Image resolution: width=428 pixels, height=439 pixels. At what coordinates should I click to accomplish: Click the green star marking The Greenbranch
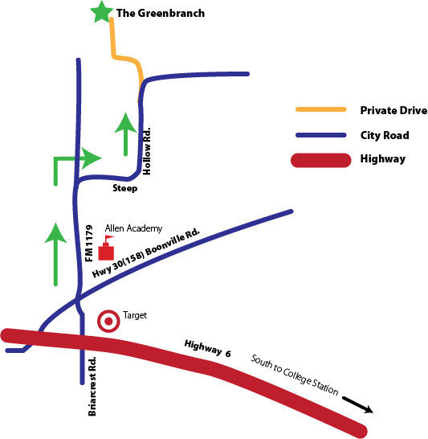(102, 12)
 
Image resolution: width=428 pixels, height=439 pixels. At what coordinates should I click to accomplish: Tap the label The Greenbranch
(161, 13)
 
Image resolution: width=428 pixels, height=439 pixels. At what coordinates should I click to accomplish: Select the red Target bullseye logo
(108, 321)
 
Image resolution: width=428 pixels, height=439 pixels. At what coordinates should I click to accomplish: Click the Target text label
(135, 315)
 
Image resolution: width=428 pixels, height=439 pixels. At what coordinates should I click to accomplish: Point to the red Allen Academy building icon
(106, 248)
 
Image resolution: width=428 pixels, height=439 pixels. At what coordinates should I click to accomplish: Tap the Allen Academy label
(133, 228)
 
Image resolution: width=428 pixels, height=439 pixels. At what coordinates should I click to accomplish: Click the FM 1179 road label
(89, 244)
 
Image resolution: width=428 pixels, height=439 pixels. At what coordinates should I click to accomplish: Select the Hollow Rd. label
(147, 151)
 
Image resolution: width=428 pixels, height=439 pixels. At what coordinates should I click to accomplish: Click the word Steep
(125, 188)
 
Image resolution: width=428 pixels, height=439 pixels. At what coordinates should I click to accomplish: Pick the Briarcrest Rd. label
(92, 387)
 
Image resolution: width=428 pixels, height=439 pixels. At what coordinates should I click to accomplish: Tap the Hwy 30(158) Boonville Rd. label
(146, 253)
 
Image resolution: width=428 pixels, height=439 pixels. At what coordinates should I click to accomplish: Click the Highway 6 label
(208, 349)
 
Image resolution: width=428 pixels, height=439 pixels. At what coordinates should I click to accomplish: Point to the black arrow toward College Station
(358, 405)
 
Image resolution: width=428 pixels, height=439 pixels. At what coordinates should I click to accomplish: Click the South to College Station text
(295, 375)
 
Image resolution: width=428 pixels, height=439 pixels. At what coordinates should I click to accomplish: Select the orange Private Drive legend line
(321, 109)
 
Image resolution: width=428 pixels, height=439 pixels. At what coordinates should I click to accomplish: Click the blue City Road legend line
(321, 135)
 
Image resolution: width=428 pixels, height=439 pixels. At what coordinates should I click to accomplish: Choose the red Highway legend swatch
(321, 161)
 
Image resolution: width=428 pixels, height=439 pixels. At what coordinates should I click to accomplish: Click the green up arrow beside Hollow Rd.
(125, 133)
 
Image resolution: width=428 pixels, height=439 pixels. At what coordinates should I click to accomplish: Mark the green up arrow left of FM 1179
(55, 254)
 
